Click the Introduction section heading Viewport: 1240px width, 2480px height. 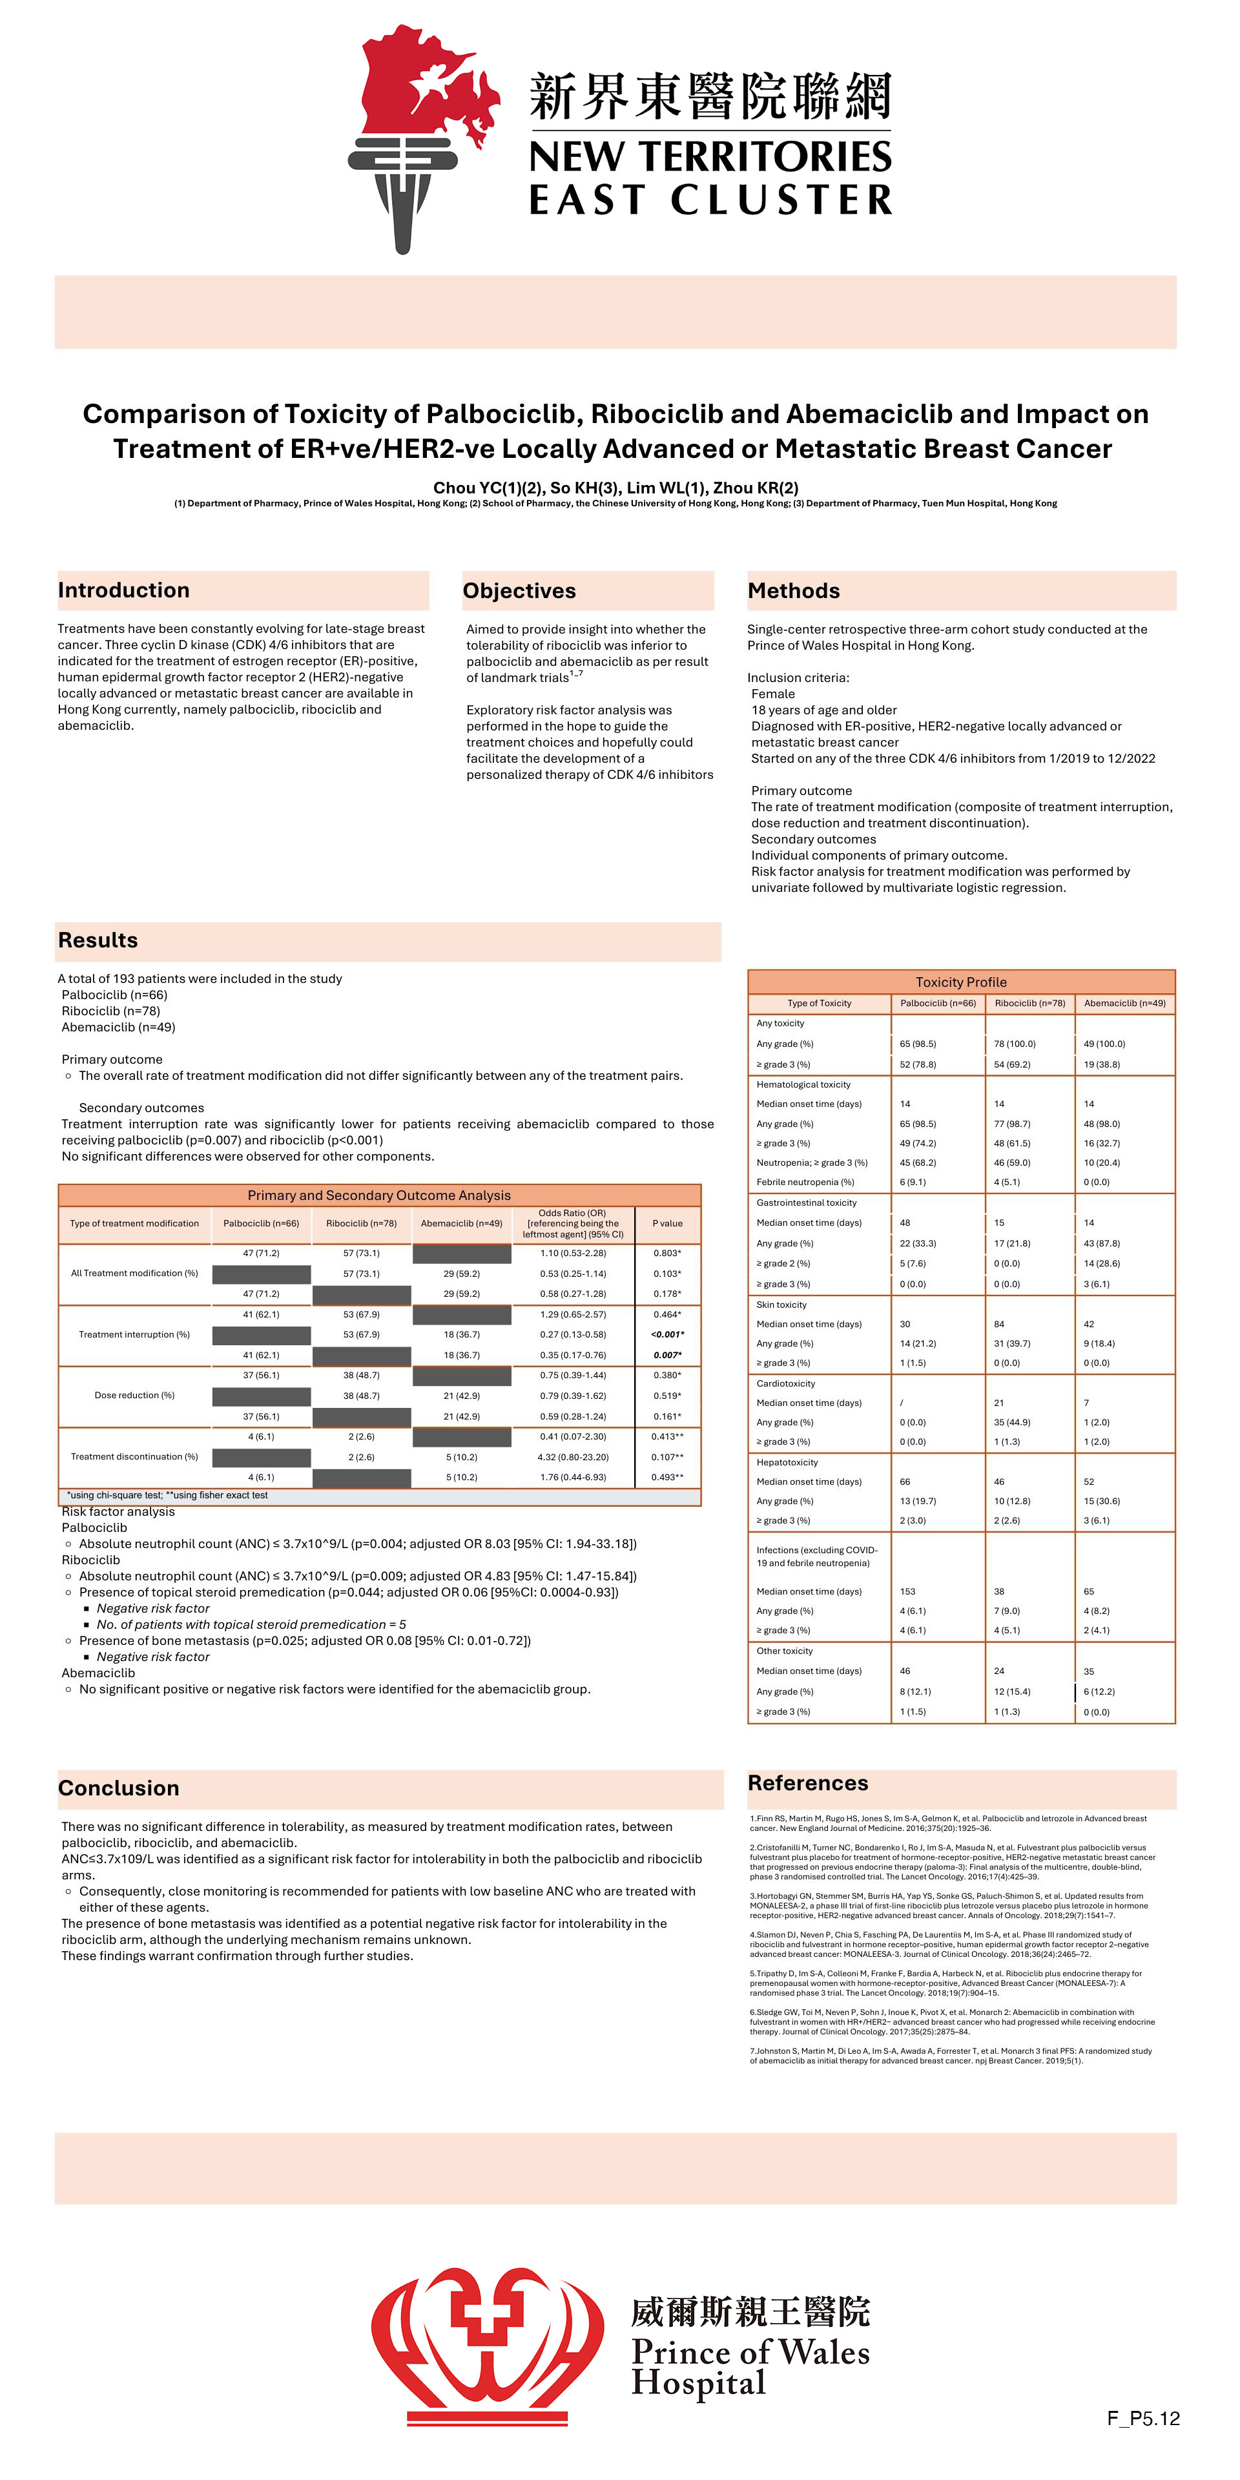[x=123, y=590]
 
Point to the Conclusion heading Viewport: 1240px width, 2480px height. [x=118, y=1788]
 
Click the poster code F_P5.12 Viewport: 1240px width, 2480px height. [x=1142, y=2417]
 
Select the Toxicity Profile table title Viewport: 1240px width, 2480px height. [x=961, y=982]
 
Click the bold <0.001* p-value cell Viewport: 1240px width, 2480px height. [x=667, y=1334]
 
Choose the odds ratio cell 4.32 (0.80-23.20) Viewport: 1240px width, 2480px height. [x=573, y=1456]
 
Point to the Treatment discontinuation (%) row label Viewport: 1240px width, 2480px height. [x=134, y=1456]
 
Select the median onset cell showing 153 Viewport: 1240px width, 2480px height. [x=908, y=1591]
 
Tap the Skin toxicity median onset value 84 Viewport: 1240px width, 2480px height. [x=999, y=1324]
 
